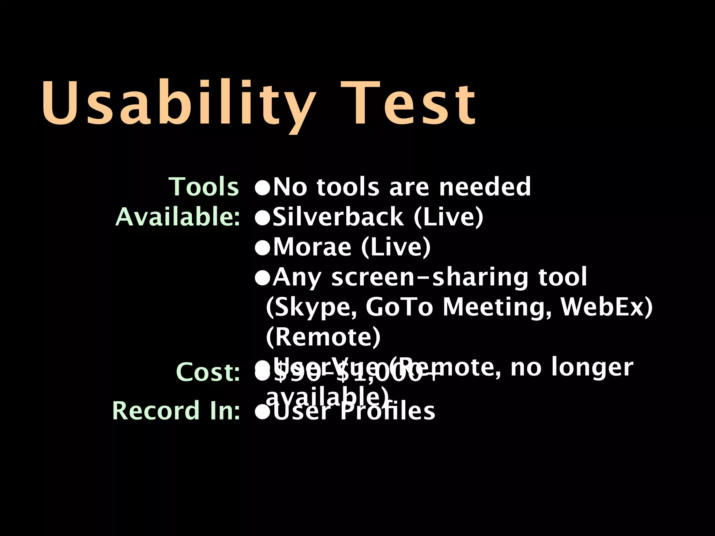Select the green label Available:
(178, 217)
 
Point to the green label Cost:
(208, 372)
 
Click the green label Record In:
(176, 411)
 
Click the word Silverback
(338, 217)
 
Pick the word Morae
(312, 247)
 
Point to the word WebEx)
(606, 307)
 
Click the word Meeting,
(497, 307)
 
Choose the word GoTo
(399, 307)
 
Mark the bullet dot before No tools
(263, 188)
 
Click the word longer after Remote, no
(592, 367)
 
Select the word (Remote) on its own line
(323, 337)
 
